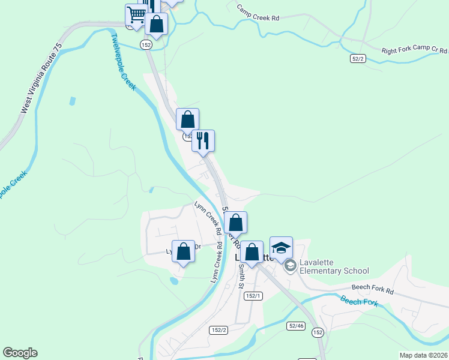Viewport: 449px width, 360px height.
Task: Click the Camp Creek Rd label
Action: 258,14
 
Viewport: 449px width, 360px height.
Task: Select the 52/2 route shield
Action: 358,58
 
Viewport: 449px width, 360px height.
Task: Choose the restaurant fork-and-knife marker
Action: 203,140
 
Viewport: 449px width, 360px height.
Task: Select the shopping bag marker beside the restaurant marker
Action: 187,119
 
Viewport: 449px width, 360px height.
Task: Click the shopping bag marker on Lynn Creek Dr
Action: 183,251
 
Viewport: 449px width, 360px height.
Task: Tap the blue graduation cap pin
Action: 281,247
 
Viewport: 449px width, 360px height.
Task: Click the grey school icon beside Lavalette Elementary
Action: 290,266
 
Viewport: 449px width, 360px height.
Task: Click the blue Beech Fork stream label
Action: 359,302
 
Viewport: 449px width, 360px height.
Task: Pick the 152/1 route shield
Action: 254,296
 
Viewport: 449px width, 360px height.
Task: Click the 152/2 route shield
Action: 218,330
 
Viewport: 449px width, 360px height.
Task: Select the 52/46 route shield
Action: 297,325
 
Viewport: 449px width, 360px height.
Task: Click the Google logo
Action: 20,353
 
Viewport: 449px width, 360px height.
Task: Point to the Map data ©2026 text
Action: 423,355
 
